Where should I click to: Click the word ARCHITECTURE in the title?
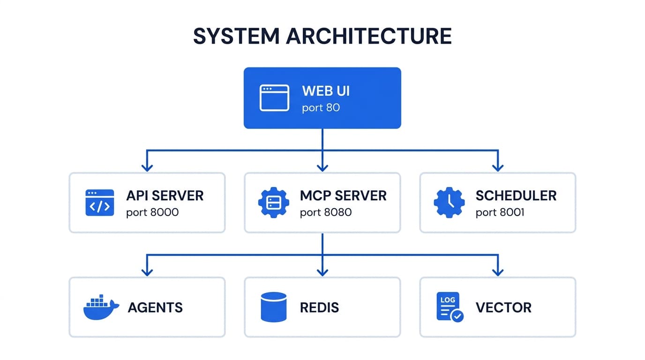[x=368, y=37]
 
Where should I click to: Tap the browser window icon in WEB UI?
[x=274, y=97]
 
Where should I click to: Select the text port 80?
[x=321, y=108]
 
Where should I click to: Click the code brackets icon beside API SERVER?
[x=100, y=202]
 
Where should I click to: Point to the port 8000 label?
[x=152, y=212]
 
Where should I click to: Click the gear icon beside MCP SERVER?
[x=273, y=202]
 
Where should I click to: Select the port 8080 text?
[x=325, y=212]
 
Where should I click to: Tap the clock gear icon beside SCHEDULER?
[x=449, y=202]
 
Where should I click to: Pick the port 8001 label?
[x=500, y=212]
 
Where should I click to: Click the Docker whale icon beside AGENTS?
[x=100, y=307]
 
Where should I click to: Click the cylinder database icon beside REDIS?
[x=273, y=307]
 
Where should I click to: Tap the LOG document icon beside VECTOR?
[x=449, y=307]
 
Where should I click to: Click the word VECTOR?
[x=503, y=307]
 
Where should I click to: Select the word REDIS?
[x=319, y=307]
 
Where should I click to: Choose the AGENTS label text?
[x=155, y=307]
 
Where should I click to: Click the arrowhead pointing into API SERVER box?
[x=147, y=167]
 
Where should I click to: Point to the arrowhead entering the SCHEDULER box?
[x=498, y=167]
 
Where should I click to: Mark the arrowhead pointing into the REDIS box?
[x=322, y=272]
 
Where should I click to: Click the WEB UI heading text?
[x=326, y=90]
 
